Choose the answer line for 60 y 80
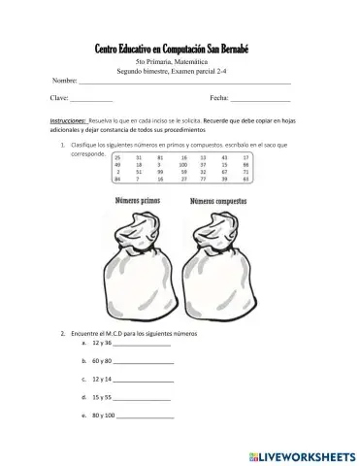[x=145, y=363]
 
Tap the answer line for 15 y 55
[x=143, y=399]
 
